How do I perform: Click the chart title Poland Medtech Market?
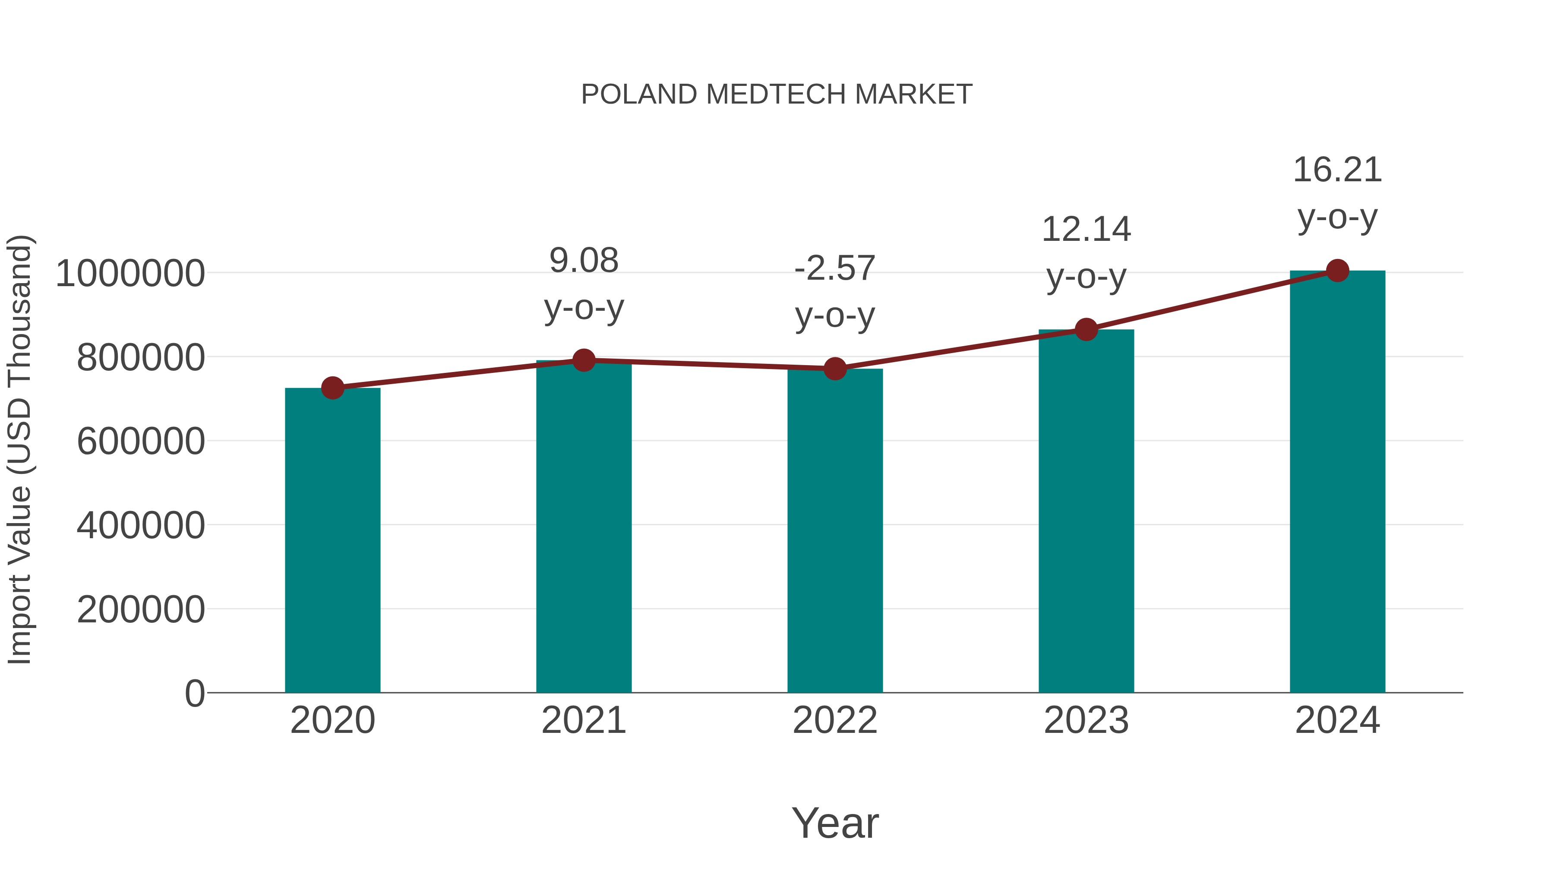click(777, 95)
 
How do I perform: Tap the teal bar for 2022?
click(835, 531)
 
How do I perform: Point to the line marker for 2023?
click(1086, 329)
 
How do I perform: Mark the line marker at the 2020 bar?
click(332, 388)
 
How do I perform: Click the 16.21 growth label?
click(1337, 170)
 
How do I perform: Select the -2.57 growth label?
click(835, 268)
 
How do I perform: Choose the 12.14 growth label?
click(1086, 230)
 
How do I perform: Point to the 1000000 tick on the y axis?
click(129, 273)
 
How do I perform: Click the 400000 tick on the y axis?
click(141, 525)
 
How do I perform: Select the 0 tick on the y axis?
click(195, 694)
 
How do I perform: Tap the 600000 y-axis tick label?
click(141, 442)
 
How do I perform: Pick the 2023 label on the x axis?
click(1086, 721)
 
